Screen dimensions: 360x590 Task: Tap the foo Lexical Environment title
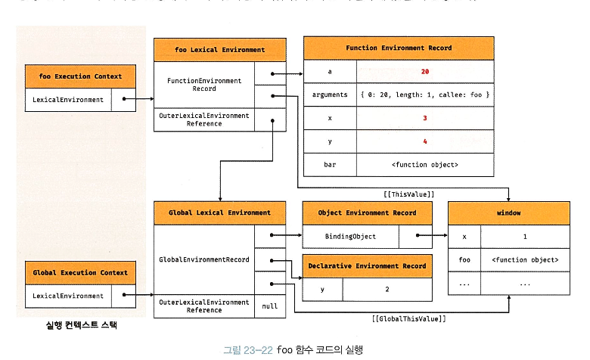coord(219,50)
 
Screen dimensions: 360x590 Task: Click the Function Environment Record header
coord(399,48)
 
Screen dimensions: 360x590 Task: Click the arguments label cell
coord(329,95)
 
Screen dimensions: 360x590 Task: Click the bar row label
coord(329,165)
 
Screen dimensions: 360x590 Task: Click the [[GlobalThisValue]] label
coord(408,319)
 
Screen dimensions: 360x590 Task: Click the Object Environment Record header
coord(368,213)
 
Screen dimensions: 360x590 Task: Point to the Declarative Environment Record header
coord(368,266)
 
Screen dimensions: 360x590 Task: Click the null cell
coord(270,306)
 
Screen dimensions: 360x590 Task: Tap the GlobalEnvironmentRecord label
coord(203,259)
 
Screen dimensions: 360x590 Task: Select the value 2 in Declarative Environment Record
coord(387,290)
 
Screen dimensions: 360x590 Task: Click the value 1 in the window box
coord(525,237)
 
